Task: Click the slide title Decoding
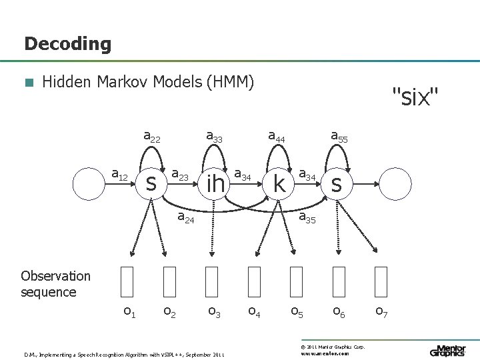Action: click(x=67, y=45)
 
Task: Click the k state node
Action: click(x=279, y=183)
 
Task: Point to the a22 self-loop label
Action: click(x=152, y=137)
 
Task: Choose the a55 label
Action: click(x=339, y=137)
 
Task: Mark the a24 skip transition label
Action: click(x=185, y=217)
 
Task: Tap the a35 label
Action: click(x=307, y=217)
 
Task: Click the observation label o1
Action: click(x=130, y=311)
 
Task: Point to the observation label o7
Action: click(x=381, y=311)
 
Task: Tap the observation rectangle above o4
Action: click(x=254, y=281)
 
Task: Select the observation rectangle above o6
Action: click(x=339, y=281)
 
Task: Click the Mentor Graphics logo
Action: click(x=448, y=351)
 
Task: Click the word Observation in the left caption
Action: click(x=55, y=276)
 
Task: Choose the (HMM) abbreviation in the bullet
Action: click(x=231, y=82)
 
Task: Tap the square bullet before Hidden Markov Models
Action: click(x=28, y=83)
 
